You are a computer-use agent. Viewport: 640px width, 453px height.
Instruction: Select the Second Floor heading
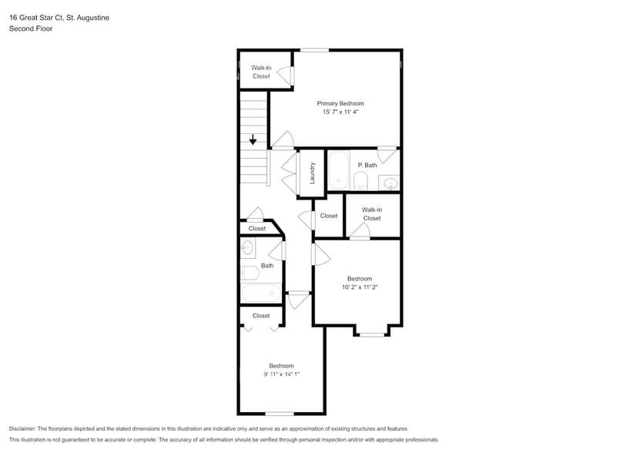[x=31, y=29]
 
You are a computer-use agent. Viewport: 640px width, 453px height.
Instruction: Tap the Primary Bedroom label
[x=340, y=103]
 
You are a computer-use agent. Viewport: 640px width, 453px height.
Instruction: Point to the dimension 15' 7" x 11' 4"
[x=340, y=112]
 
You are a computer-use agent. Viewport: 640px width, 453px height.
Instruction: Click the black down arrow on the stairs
[x=253, y=140]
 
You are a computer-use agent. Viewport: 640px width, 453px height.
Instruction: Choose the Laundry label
[x=313, y=173]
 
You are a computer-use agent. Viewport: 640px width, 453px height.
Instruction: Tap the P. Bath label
[x=367, y=165]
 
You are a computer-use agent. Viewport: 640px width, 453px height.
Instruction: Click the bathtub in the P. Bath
[x=339, y=171]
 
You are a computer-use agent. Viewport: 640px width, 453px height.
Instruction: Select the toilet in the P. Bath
[x=361, y=182]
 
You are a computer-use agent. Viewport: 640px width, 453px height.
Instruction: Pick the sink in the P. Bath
[x=390, y=183]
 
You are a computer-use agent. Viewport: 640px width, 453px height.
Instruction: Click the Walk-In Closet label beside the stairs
[x=261, y=72]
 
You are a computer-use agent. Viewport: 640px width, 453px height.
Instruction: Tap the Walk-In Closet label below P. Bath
[x=372, y=213]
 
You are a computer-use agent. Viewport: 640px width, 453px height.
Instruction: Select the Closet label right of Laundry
[x=329, y=216]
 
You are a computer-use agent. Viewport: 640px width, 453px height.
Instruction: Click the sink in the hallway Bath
[x=247, y=247]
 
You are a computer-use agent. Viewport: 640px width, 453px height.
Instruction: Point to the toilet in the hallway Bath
[x=249, y=272]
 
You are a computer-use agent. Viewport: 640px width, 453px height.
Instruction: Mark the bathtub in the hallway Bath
[x=261, y=294]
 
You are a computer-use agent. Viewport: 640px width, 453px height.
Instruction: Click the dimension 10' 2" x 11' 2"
[x=360, y=287]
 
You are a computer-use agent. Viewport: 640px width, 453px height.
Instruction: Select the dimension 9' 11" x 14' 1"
[x=281, y=374]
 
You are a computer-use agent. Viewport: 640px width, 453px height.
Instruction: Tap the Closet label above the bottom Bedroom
[x=261, y=315]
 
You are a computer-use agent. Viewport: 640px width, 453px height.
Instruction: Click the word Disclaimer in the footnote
[x=26, y=428]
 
